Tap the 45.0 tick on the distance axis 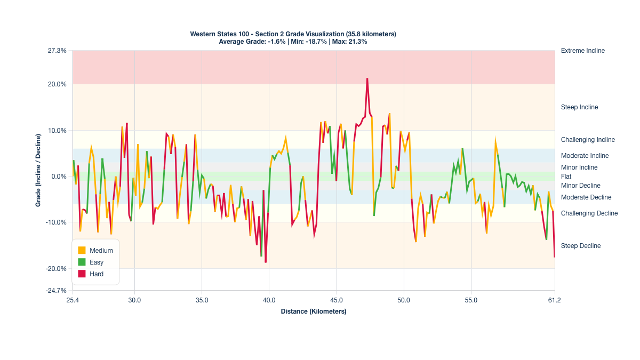(x=337, y=300)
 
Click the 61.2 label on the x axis (x=555, y=300)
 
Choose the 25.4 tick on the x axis (x=73, y=300)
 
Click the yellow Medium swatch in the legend (x=82, y=251)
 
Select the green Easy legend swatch (x=82, y=262)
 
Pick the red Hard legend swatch (x=82, y=274)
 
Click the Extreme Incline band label (x=583, y=51)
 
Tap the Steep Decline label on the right (x=581, y=246)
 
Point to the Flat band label (x=566, y=177)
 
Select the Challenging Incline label (x=588, y=140)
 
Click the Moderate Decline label (x=586, y=197)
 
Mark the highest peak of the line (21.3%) (x=367, y=79)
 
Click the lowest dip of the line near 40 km (x=266, y=262)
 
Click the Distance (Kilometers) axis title (x=314, y=311)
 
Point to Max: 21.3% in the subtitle (x=349, y=42)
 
